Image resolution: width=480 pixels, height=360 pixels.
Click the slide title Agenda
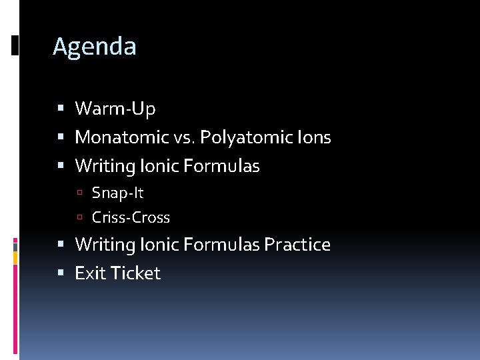(x=94, y=47)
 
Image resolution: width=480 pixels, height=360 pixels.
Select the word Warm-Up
(x=115, y=108)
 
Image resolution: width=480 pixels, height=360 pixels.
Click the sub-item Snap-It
(x=117, y=193)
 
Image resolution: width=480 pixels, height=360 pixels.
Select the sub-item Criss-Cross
(x=131, y=217)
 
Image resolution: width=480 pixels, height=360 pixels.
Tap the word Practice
(x=297, y=245)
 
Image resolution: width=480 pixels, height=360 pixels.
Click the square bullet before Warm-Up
(x=61, y=108)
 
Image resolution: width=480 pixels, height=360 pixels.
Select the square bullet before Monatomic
(x=61, y=138)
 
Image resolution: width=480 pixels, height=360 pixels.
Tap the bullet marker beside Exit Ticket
(x=61, y=273)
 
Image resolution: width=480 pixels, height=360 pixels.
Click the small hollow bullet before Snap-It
(x=79, y=193)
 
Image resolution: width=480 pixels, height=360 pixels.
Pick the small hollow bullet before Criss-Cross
(x=79, y=217)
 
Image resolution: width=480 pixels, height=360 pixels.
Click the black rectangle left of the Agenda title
(x=15, y=45)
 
